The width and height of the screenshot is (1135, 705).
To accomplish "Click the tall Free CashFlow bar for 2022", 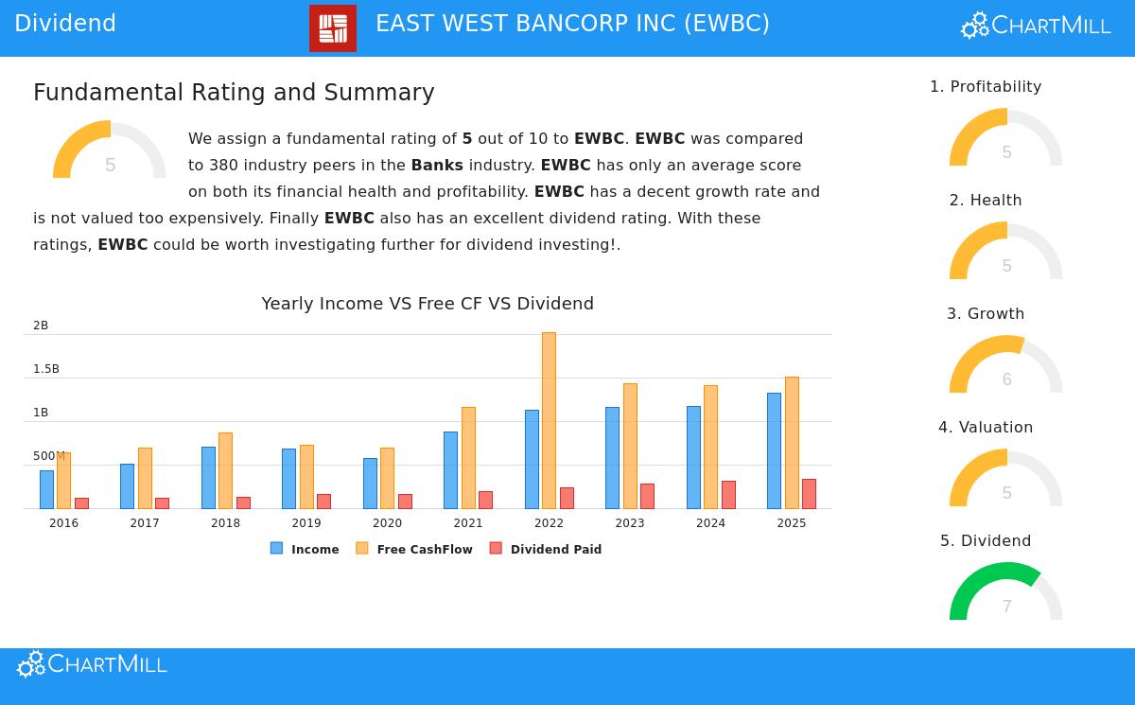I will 549,420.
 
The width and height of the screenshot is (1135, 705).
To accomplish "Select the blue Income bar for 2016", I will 46,489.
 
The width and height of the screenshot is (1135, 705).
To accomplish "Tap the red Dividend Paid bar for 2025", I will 809,494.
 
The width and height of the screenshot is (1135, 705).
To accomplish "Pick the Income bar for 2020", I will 370,484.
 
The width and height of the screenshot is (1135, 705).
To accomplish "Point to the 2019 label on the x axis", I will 306,523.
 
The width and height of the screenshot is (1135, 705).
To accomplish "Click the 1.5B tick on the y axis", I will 46,369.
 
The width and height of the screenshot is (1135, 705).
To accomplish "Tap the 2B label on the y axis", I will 41,326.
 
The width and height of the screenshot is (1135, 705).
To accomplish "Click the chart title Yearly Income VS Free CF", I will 428,304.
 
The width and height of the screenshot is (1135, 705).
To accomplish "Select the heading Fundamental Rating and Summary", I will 234,93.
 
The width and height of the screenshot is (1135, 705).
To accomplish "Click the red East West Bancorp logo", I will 333,28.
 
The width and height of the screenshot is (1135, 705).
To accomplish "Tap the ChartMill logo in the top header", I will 1036,26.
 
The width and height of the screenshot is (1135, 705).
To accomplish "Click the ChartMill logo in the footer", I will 92,664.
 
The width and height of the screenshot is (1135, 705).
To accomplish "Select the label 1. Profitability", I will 986,87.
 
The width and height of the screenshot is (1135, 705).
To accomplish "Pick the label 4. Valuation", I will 986,428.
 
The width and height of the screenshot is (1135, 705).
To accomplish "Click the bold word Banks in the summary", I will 437,166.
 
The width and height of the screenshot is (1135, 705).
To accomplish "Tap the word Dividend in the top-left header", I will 65,24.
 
